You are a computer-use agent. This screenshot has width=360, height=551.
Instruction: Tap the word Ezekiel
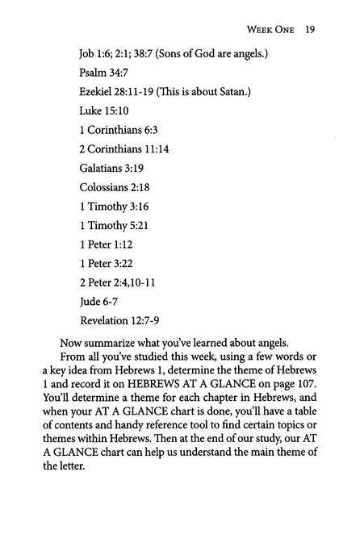(96, 92)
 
